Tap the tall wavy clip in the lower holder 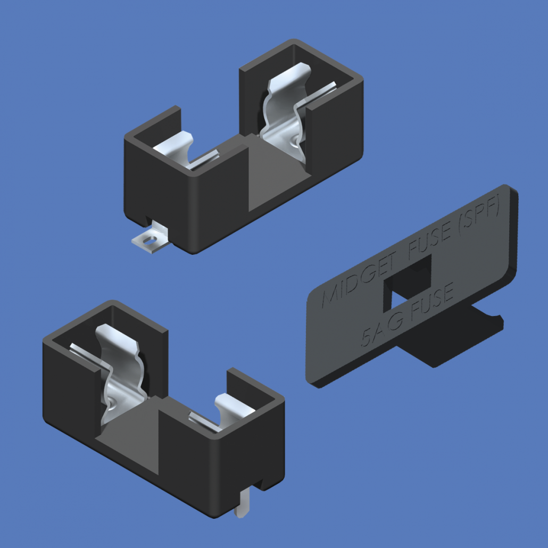(122, 372)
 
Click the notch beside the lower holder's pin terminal (259, 484)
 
